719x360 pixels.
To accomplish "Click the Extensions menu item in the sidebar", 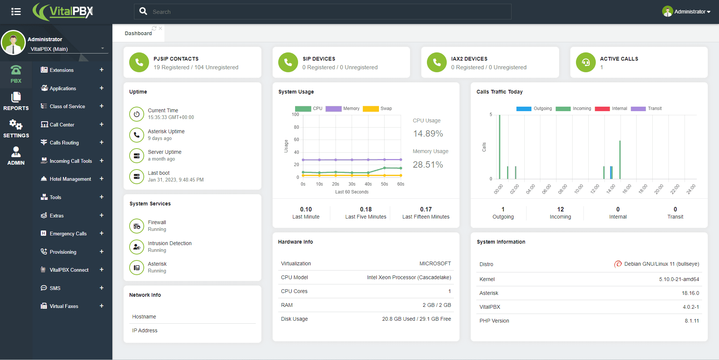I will coord(61,70).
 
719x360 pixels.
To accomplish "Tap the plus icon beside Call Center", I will coord(101,124).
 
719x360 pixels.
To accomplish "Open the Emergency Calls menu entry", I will coord(68,234).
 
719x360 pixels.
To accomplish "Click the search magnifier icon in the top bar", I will coord(143,11).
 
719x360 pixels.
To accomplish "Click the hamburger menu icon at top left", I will coord(16,12).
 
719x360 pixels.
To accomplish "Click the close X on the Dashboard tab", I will coord(160,28).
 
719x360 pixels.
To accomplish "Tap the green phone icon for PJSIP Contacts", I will coord(139,62).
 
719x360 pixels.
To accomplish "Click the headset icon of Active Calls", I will coord(586,62).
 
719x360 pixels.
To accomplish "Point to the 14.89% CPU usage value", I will coord(428,134).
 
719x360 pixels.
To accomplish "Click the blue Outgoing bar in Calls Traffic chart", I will coord(611,173).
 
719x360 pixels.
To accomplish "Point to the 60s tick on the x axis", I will coord(401,184).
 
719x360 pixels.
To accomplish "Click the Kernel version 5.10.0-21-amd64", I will coord(679,279).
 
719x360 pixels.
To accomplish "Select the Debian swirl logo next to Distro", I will coord(618,264).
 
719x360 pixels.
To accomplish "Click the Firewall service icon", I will coord(137,226).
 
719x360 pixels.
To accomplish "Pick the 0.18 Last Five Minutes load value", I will coord(366,209).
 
